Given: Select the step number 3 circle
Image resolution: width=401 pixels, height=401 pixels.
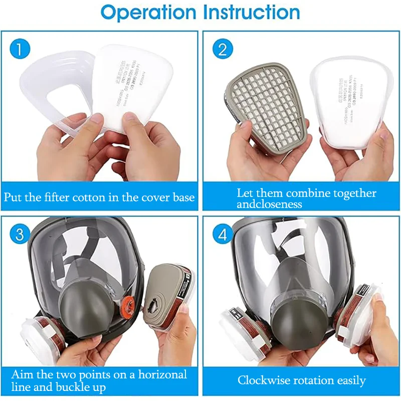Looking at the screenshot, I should [21, 235].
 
